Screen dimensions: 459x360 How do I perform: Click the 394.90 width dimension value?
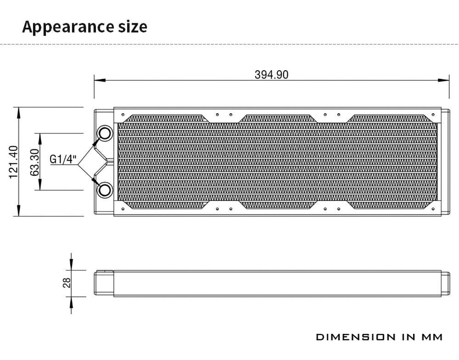point(271,75)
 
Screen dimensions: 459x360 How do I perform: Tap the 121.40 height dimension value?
point(13,162)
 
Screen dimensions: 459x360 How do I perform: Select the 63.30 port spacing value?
point(34,162)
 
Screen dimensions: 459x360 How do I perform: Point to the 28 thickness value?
point(67,283)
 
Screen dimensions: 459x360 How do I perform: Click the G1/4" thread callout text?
point(63,159)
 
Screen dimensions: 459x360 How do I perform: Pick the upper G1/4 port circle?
point(105,133)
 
